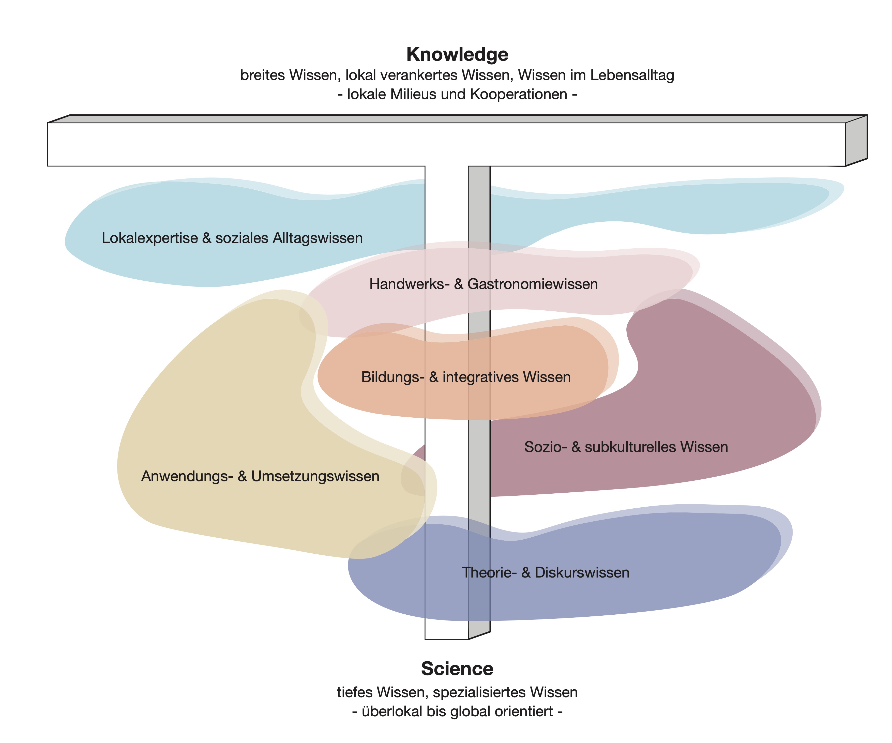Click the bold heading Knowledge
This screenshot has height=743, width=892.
(457, 54)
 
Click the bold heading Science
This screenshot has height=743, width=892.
(457, 669)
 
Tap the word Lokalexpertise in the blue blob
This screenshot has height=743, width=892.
(149, 238)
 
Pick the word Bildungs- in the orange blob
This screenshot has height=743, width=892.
(392, 377)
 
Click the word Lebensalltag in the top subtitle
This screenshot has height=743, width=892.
(632, 75)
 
